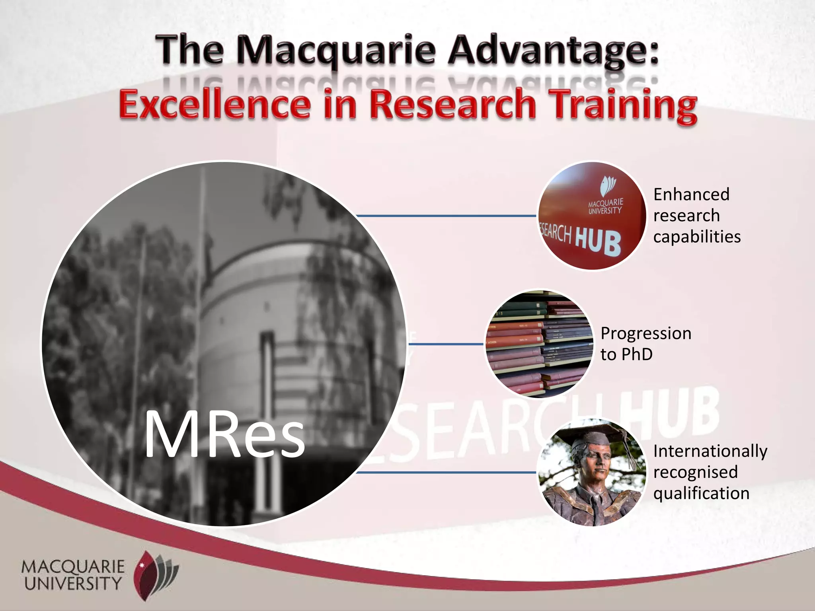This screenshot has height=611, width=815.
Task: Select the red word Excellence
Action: (x=214, y=104)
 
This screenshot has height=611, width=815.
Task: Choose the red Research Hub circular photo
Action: (x=592, y=216)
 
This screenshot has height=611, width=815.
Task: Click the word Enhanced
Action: (x=691, y=195)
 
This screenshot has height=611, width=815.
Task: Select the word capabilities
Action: (x=697, y=237)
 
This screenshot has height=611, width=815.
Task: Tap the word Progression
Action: (x=646, y=333)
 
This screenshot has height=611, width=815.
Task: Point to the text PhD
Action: (x=637, y=354)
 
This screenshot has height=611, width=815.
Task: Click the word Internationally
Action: (x=710, y=451)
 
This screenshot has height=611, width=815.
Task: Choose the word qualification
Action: (x=701, y=493)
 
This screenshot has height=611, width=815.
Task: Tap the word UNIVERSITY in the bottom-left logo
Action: (x=73, y=584)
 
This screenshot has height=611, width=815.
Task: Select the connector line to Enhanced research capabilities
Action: (x=446, y=216)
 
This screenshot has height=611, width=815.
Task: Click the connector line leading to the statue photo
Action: (x=446, y=473)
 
